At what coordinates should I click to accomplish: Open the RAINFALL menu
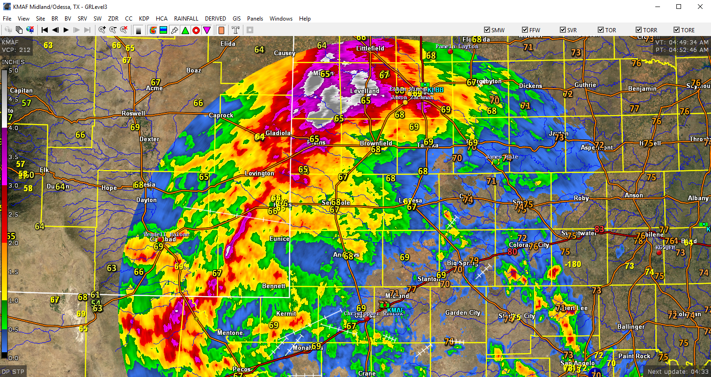pyautogui.click(x=186, y=19)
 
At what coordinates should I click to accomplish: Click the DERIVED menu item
pyautogui.click(x=215, y=19)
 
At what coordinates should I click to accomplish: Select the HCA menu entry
pyautogui.click(x=161, y=19)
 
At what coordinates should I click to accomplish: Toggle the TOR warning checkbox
pyautogui.click(x=601, y=30)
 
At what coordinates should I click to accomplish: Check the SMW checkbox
pyautogui.click(x=487, y=30)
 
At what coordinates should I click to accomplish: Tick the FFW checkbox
pyautogui.click(x=525, y=30)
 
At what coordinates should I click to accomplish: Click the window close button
pyautogui.click(x=700, y=7)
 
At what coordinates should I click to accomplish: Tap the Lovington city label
pyautogui.click(x=259, y=174)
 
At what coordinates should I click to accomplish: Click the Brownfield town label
pyautogui.click(x=376, y=143)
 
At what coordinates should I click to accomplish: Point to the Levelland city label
pyautogui.click(x=365, y=91)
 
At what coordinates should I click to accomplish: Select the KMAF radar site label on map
pyautogui.click(x=395, y=310)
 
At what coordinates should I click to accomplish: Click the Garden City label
pyautogui.click(x=462, y=313)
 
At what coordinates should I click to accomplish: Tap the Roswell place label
pyautogui.click(x=133, y=114)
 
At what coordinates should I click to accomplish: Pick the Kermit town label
pyautogui.click(x=286, y=314)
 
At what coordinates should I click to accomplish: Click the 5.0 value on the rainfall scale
pyautogui.click(x=14, y=71)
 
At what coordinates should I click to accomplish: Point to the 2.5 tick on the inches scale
pyautogui.click(x=14, y=214)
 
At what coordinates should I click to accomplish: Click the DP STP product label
pyautogui.click(x=13, y=372)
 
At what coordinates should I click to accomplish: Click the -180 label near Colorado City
pyautogui.click(x=572, y=264)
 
